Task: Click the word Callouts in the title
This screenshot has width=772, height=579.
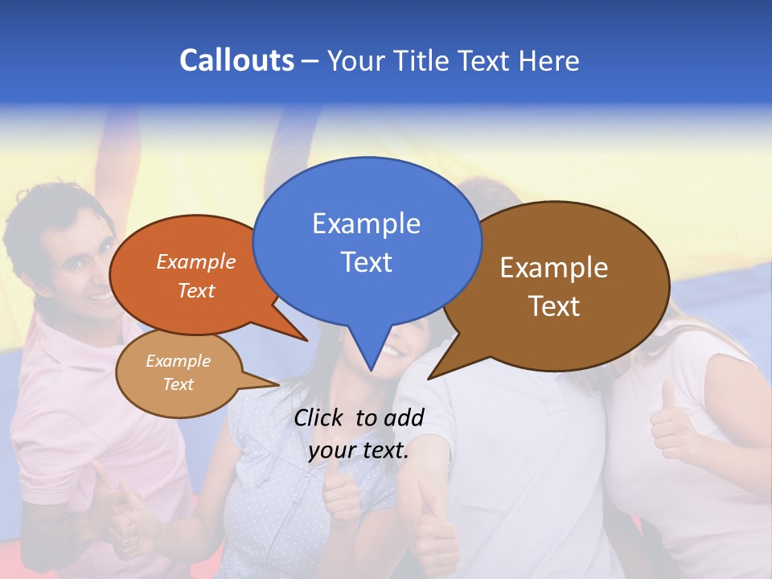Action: coord(236,60)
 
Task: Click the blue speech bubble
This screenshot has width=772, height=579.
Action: coord(367,241)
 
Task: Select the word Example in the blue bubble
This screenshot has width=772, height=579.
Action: coord(366,224)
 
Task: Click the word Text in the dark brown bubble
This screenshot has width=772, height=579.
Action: coord(554,306)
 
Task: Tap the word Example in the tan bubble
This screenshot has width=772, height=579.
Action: coord(179,361)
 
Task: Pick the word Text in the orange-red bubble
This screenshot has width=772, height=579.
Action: coord(196,291)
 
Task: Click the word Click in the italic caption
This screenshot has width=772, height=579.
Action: coord(319,417)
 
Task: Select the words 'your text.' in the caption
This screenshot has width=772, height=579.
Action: coord(358,451)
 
